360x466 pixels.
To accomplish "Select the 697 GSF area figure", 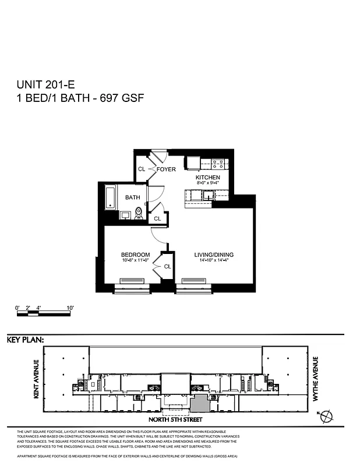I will pos(122,98).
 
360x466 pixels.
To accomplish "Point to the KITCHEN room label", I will pos(207,177).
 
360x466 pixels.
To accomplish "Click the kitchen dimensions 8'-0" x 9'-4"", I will pos(207,183).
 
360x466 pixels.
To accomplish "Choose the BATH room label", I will pos(133,197).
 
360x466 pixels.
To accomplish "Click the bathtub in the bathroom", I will pos(110,197).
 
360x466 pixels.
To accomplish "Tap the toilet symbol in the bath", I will pos(138,213).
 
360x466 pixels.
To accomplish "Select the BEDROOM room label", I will pos(135,255).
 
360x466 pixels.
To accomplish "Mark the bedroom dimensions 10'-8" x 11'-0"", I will pos(135,260).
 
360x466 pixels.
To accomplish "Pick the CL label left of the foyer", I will pos(141,170).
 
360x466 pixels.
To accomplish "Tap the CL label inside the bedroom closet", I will pos(167,266).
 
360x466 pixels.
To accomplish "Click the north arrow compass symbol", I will pos(328,416).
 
